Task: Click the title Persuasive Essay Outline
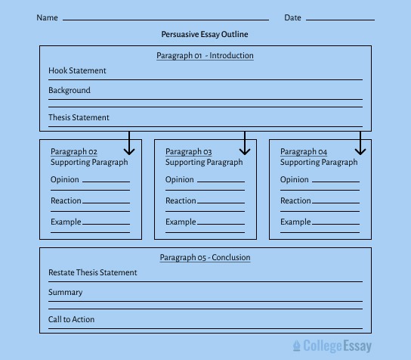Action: (204, 34)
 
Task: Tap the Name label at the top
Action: (47, 17)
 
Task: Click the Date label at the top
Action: (292, 17)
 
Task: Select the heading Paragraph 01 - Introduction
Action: (205, 55)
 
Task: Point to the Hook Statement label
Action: (77, 70)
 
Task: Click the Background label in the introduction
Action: (69, 90)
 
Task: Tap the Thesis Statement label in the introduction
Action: (79, 117)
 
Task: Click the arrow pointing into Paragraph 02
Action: (130, 144)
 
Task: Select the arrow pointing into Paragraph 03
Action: (245, 144)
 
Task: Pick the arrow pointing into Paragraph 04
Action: (360, 144)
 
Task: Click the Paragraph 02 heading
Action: (74, 152)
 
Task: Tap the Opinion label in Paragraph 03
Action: (180, 179)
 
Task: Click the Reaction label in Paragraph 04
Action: (295, 200)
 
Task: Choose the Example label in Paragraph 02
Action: (66, 222)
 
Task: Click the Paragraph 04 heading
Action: (304, 152)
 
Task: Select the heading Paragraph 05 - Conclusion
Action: (205, 257)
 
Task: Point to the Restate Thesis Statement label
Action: (93, 272)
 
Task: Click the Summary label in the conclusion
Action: (66, 292)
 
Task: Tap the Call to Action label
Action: (72, 319)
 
